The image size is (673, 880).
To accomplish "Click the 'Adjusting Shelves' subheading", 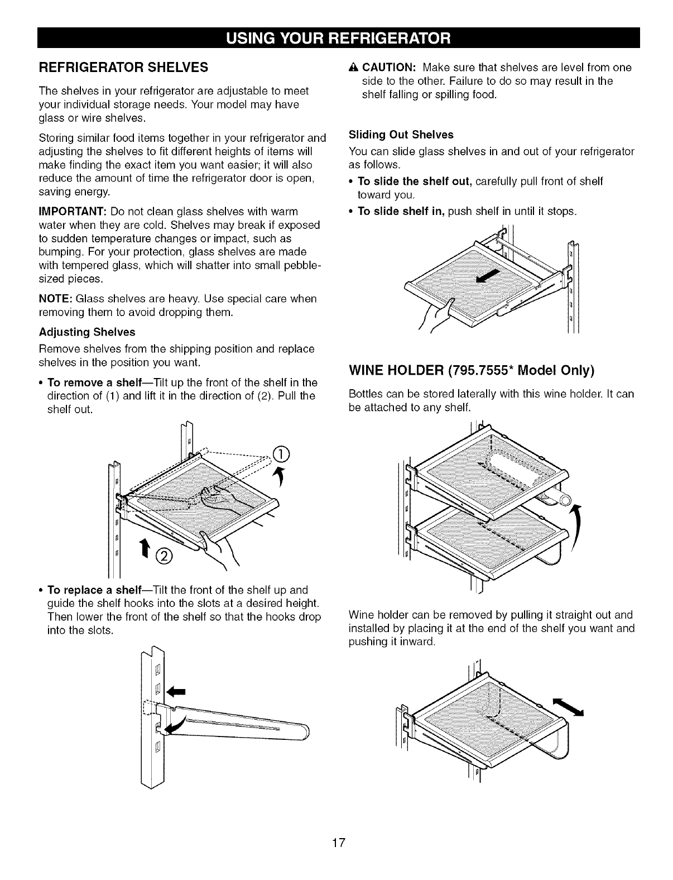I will point(86,332).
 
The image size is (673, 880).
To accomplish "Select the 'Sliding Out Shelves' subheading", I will point(401,135).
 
